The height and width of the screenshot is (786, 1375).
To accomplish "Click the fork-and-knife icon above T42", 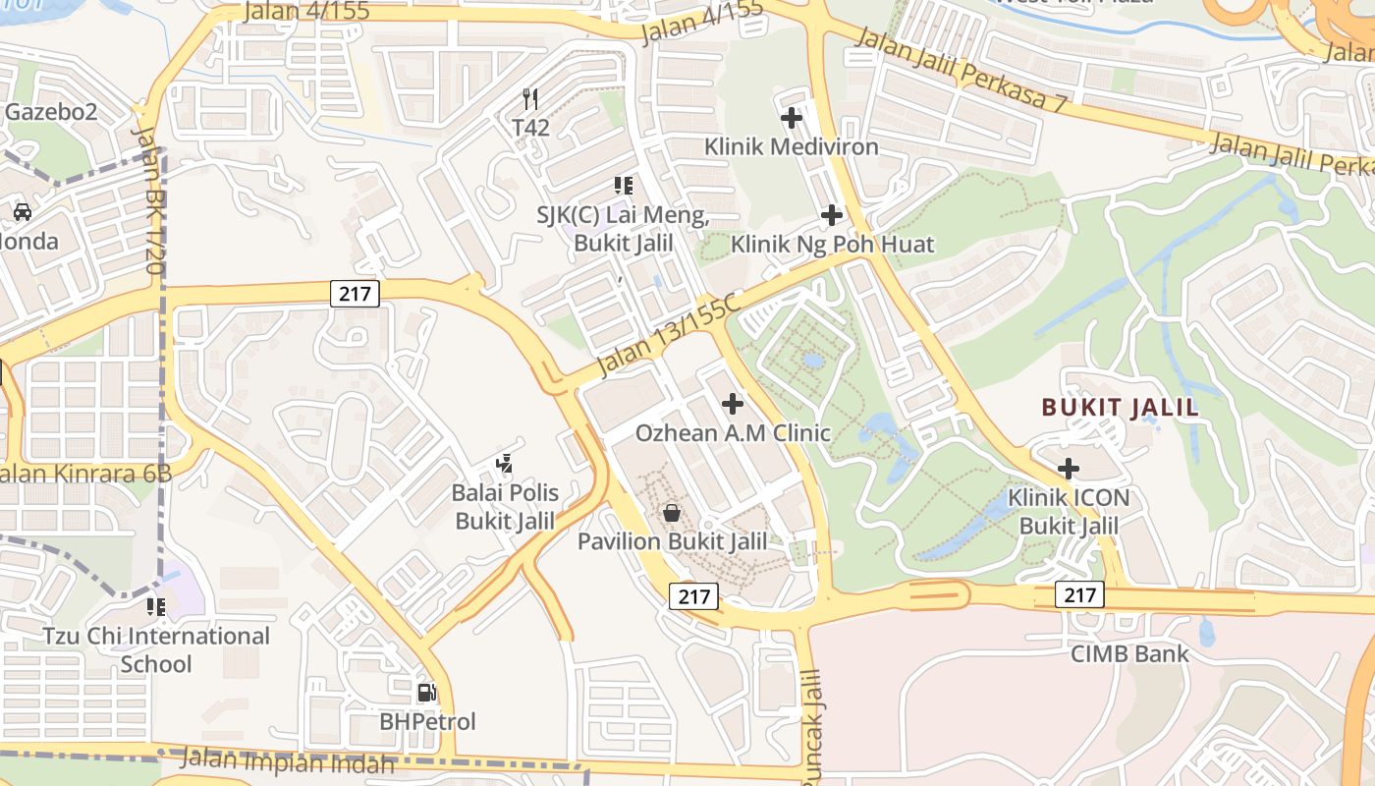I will click(x=530, y=98).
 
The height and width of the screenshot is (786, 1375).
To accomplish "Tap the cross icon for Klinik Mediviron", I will click(x=792, y=118).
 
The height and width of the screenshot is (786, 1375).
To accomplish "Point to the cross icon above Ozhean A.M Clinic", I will click(x=732, y=403).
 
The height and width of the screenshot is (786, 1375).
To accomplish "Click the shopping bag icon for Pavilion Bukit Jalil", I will click(x=672, y=512).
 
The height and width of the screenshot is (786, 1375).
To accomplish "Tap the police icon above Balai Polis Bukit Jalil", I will click(x=505, y=463).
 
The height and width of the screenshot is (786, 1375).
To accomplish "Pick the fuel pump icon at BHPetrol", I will click(x=427, y=693).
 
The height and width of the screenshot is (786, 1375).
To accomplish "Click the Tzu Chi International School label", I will click(x=156, y=649).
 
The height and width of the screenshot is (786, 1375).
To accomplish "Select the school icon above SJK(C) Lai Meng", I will click(x=623, y=185).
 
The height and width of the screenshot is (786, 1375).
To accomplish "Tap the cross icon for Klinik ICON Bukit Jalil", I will click(x=1069, y=469).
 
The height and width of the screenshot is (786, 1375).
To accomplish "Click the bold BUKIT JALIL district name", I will click(x=1120, y=408).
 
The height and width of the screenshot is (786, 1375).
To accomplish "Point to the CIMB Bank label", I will click(x=1129, y=653).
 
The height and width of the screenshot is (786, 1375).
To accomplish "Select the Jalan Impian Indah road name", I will click(x=289, y=760).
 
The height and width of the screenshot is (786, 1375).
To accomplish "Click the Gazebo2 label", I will click(x=51, y=111).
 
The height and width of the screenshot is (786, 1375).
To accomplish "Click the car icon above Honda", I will click(x=22, y=211).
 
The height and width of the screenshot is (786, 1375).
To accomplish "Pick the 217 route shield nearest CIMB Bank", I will click(x=1080, y=594).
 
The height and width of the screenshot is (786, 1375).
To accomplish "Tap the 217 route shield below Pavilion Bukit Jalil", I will click(x=694, y=595).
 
